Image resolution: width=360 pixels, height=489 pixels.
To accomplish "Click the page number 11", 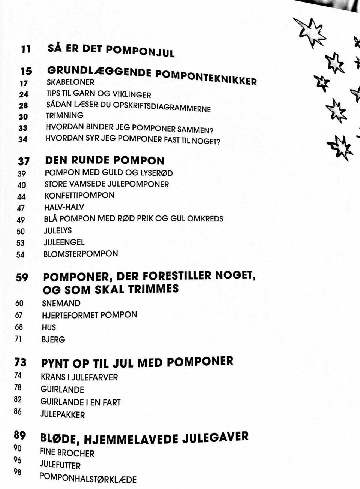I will tap(25, 49).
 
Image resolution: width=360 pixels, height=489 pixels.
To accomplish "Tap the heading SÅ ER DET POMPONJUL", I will tap(111, 50).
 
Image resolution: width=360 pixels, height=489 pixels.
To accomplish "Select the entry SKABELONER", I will tap(70, 82).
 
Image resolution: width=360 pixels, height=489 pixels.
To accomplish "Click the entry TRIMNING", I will tap(64, 115).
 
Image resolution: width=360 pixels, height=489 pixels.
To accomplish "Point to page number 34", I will tap(23, 139).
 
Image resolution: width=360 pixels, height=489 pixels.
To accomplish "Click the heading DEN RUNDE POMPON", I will tap(105, 160).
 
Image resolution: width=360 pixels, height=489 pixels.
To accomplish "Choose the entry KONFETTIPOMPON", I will tap(79, 196).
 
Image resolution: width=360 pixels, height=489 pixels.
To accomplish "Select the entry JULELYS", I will tap(57, 230).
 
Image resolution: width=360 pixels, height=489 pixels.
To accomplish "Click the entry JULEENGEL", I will tap(64, 242).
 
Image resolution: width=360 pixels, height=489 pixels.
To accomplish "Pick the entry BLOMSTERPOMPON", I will tap(81, 254).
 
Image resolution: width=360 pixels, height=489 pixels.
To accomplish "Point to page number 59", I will tap(22, 277).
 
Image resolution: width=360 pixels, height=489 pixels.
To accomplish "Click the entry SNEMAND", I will tap(61, 303).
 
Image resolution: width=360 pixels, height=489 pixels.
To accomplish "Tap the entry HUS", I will tap(49, 327).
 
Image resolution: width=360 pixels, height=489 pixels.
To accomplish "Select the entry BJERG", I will tap(53, 340).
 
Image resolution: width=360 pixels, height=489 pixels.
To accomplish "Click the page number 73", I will tap(20, 362).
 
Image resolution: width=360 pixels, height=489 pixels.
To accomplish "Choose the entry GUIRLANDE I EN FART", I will tap(80, 402).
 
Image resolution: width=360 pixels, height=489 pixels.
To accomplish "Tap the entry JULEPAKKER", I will tap(63, 415).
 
